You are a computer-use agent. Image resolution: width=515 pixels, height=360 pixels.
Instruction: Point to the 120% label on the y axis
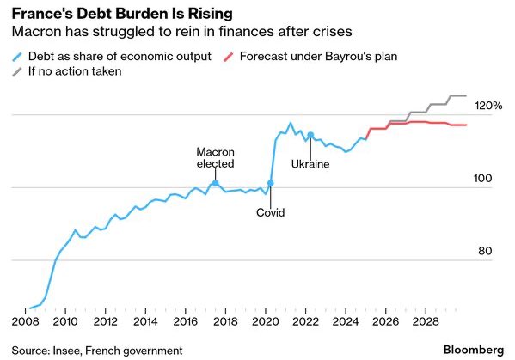(x=487, y=106)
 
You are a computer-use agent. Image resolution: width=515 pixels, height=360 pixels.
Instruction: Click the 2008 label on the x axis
(x=23, y=322)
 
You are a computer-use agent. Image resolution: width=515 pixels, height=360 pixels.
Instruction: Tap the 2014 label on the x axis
(x=144, y=322)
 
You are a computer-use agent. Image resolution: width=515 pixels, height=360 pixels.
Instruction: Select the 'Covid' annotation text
(x=270, y=212)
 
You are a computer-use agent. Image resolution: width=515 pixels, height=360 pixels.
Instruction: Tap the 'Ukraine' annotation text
(x=310, y=163)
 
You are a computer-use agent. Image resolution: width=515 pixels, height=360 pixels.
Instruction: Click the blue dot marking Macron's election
(x=215, y=183)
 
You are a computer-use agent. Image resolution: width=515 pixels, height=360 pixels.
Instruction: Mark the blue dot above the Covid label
(x=270, y=184)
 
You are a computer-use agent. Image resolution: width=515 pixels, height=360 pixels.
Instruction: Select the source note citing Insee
(x=97, y=350)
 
